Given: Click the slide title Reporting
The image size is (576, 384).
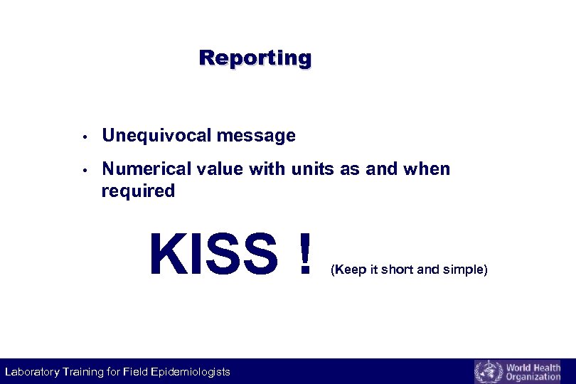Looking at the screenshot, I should (255, 58).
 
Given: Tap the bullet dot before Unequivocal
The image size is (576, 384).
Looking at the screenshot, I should (84, 136).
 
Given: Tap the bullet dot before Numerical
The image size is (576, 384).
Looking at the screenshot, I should (84, 170).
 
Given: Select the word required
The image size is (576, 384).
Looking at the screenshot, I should (138, 191).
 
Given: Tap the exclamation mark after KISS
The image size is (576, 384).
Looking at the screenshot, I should (305, 254).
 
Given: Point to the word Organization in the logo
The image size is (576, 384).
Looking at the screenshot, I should (533, 377).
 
